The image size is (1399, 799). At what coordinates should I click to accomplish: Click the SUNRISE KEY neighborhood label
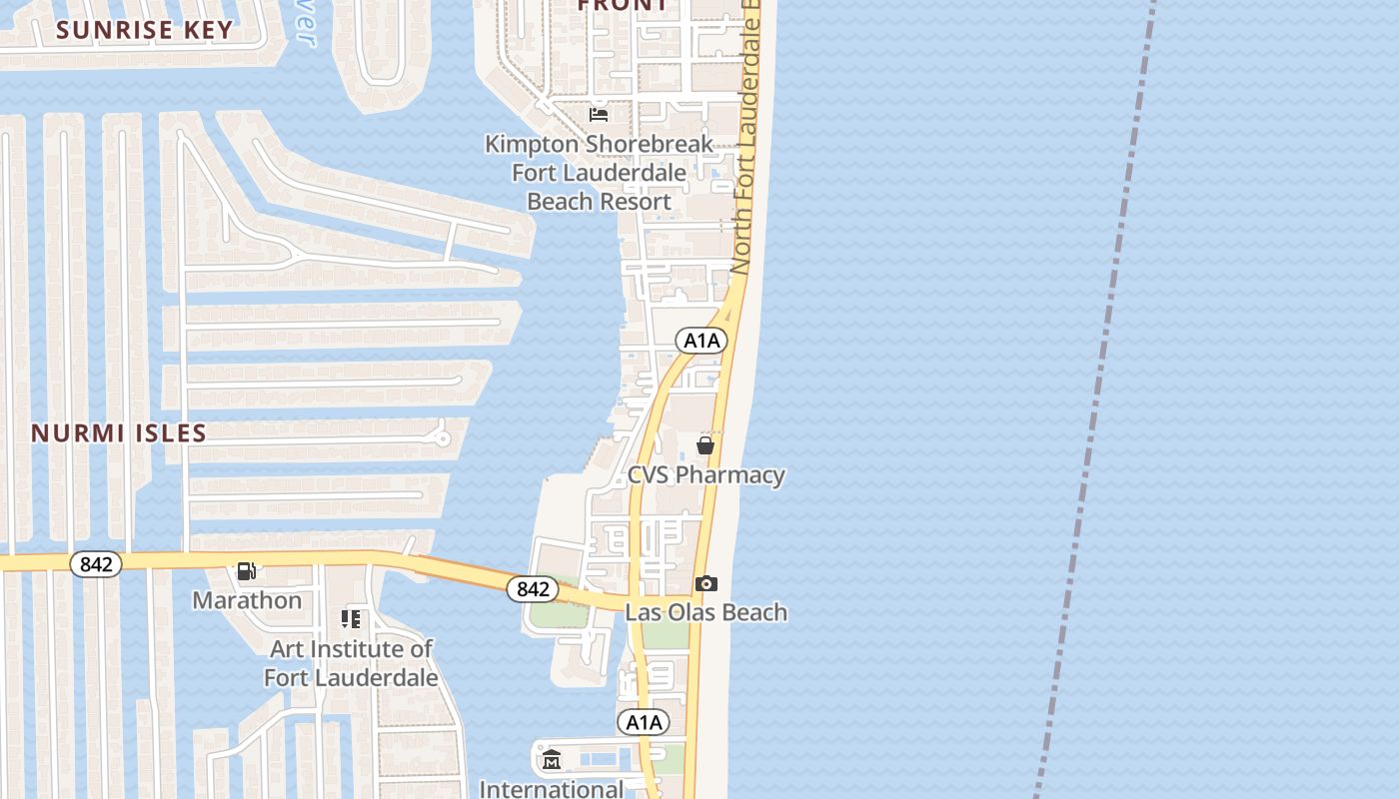(x=144, y=30)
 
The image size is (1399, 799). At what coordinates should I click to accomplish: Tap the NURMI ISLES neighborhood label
(x=119, y=433)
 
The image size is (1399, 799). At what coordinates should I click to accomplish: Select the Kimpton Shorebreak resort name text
(x=599, y=173)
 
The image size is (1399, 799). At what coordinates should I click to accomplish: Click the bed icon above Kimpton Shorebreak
(x=599, y=115)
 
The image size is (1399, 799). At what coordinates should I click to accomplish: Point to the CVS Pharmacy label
(x=705, y=474)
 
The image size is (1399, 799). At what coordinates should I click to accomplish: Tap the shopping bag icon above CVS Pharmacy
(x=705, y=445)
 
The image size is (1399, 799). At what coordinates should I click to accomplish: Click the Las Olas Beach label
(x=705, y=612)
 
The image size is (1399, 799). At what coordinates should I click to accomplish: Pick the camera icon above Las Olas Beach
(x=705, y=583)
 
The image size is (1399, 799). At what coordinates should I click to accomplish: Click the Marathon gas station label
(x=247, y=600)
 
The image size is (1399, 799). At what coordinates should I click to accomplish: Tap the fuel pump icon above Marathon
(x=246, y=571)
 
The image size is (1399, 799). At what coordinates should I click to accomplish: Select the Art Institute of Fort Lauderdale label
(x=351, y=663)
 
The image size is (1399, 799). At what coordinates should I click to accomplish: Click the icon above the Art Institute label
(x=351, y=619)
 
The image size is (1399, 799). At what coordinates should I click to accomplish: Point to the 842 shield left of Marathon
(x=96, y=564)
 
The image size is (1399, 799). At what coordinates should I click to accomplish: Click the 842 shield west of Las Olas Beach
(x=533, y=589)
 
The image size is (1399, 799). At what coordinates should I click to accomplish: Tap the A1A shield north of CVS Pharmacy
(x=701, y=341)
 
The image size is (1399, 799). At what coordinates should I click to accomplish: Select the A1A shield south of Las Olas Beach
(x=643, y=722)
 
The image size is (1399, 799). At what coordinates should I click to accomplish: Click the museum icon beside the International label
(x=552, y=761)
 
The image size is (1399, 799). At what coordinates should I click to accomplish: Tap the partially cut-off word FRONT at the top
(x=623, y=6)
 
